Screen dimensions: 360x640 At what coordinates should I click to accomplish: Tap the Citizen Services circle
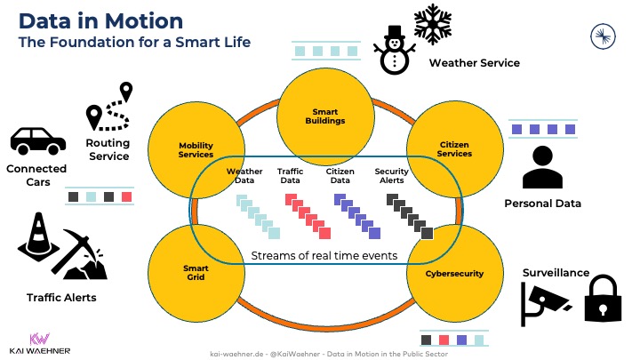click(454, 144)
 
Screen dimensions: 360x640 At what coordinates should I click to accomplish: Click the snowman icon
click(391, 51)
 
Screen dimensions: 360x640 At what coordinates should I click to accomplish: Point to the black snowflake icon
click(435, 24)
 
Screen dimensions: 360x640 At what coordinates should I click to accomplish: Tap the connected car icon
click(37, 140)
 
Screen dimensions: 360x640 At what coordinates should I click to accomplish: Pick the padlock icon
click(600, 298)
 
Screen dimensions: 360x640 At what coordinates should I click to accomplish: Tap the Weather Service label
click(474, 63)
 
